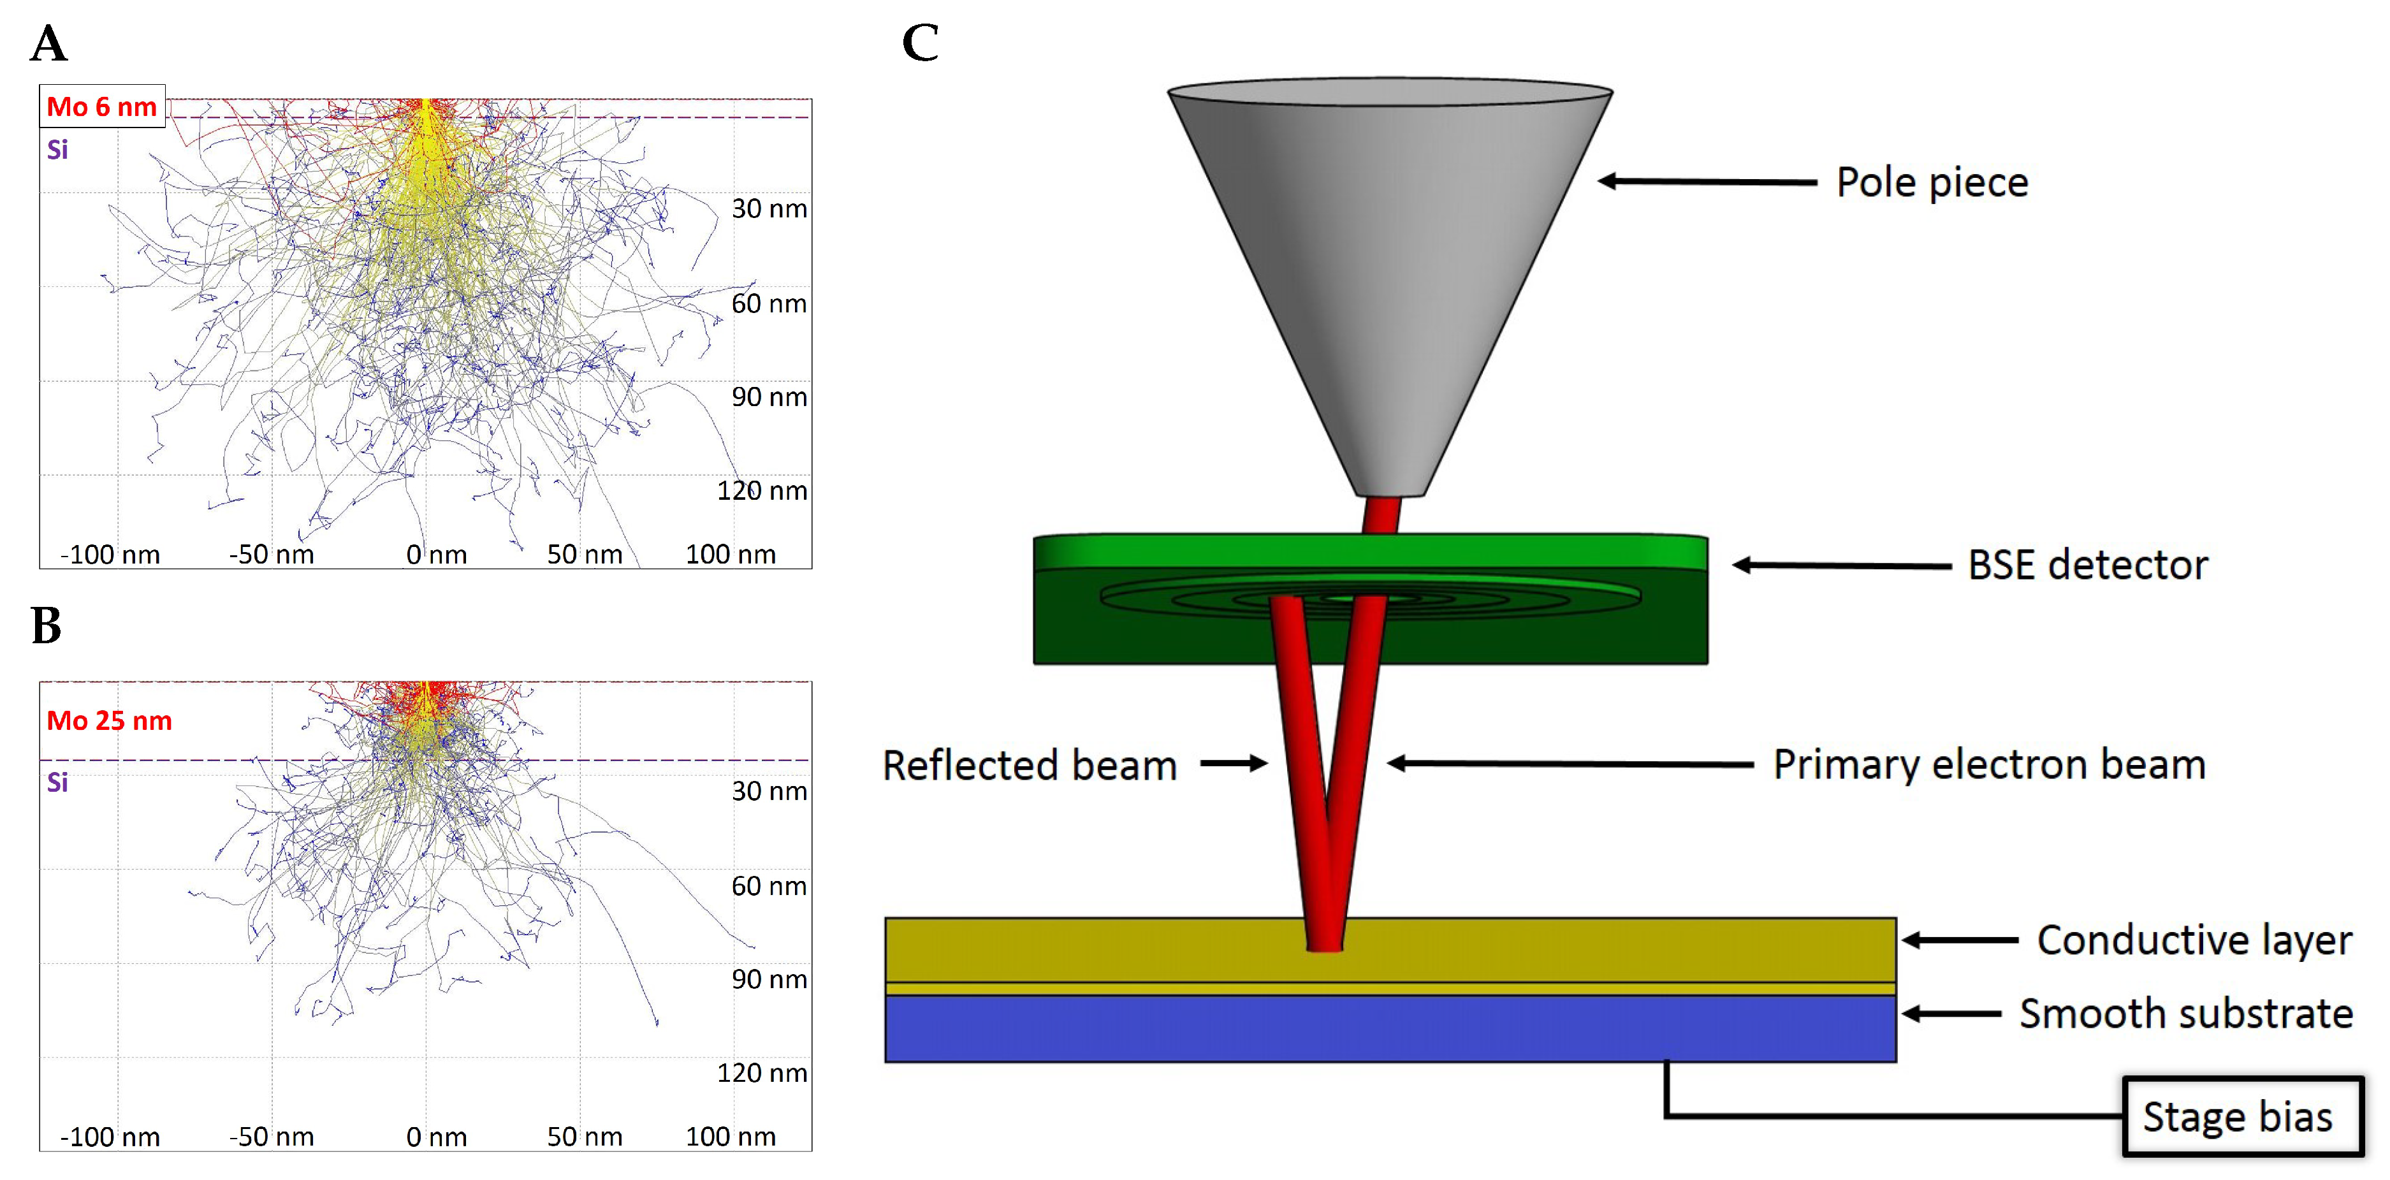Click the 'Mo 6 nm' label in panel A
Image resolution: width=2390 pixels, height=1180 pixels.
(102, 106)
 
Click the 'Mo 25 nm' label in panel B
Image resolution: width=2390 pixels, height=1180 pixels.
(110, 721)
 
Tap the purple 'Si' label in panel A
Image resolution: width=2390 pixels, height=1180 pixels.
(57, 149)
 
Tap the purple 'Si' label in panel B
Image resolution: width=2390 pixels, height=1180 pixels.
(57, 782)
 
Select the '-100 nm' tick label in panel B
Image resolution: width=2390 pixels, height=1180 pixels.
(110, 1137)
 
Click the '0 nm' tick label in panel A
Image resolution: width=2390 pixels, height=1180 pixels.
(436, 555)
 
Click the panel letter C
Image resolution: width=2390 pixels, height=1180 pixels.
(921, 43)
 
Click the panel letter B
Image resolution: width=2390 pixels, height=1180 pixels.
(47, 625)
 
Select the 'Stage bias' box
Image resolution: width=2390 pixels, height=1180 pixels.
(2241, 1117)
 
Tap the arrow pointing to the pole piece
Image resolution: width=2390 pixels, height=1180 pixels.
(1707, 182)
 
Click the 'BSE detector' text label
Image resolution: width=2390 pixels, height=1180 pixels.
(2088, 565)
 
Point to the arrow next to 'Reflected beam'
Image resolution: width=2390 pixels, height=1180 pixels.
(1234, 764)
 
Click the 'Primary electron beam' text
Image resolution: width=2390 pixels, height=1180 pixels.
(1988, 764)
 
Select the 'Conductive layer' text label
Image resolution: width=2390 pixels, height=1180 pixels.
(2194, 940)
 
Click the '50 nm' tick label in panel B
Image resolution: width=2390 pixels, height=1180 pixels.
(585, 1137)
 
